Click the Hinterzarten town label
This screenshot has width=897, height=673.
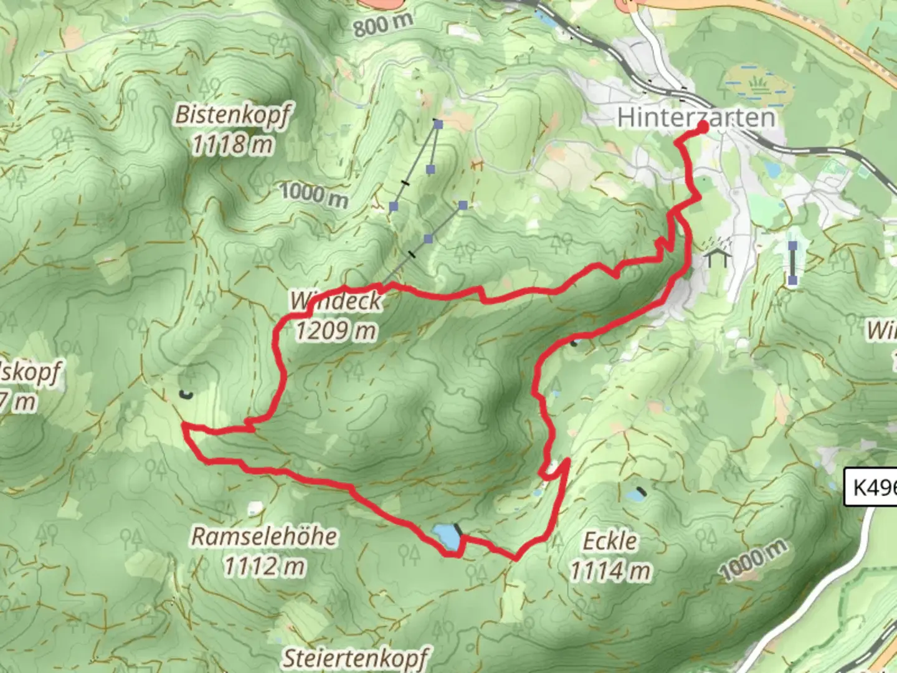click(696, 117)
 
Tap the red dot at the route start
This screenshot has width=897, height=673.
click(703, 127)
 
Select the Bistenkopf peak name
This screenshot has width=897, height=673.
click(232, 115)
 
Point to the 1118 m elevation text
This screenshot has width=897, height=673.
click(232, 145)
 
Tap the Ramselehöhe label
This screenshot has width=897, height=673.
click(264, 537)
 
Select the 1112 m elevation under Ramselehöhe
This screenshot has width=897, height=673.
click(264, 566)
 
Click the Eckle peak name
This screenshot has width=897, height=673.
click(610, 541)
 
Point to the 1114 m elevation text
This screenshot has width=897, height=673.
click(610, 570)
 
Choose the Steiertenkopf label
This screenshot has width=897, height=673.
click(356, 657)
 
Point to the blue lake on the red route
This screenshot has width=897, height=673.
click(445, 537)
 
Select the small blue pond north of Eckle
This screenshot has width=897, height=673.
click(635, 495)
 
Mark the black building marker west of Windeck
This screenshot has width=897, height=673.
click(185, 393)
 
